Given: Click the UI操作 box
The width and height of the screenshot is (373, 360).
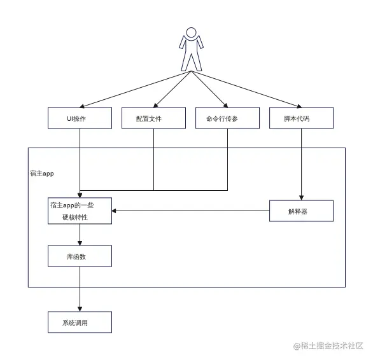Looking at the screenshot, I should coord(80,118).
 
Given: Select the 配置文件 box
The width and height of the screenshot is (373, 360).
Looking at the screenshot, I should coord(153,118).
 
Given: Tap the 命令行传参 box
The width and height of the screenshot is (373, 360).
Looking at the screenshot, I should coord(227,118).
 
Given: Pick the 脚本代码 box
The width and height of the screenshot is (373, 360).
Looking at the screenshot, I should coord(300,118).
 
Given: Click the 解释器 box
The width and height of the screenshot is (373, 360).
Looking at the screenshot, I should coord(300,211).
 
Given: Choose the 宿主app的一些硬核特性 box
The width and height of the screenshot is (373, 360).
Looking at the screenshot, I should coord(80,211).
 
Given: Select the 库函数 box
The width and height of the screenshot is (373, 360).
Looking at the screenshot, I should coord(80,256).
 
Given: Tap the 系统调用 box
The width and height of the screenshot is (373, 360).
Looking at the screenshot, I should coord(80,322).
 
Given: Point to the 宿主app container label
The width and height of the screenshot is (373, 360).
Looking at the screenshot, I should coord(43,172).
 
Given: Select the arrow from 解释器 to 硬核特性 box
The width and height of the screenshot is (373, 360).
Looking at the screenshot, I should coord(191,211).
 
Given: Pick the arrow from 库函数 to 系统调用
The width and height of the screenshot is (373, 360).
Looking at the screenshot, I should coord(80,289).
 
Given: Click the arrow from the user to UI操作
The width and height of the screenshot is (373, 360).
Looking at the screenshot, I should coord(134,88).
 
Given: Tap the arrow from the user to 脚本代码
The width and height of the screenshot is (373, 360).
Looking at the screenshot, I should coord(248,88).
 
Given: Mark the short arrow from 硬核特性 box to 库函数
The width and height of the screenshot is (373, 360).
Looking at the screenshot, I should coord(80,235).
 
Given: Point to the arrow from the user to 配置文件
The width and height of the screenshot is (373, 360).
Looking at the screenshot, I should coord(172,88).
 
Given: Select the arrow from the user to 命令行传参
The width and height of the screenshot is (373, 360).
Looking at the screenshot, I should coord(210,88).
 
